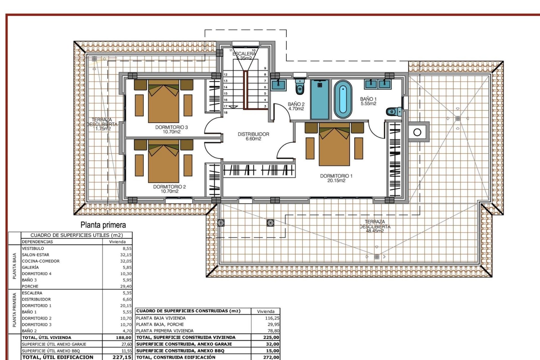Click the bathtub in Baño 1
pyautogui.click(x=343, y=99)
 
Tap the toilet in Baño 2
pyautogui.click(x=300, y=87)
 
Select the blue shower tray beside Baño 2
pyautogui.click(x=320, y=99)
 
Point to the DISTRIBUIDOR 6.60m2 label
pyautogui.click(x=253, y=136)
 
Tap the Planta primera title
pyautogui.click(x=103, y=225)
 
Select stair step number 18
pyautogui.click(x=225, y=112)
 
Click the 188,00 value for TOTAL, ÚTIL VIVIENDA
pyautogui.click(x=123, y=337)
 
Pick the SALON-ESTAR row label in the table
pyautogui.click(x=35, y=255)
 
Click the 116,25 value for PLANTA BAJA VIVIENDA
pyautogui.click(x=272, y=318)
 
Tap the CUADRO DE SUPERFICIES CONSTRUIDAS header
pyautogui.click(x=188, y=311)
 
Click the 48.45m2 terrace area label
pyautogui.click(x=375, y=231)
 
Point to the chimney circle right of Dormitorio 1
pyautogui.click(x=417, y=132)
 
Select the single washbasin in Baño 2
pyautogui.click(x=279, y=84)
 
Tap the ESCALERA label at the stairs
pyautogui.click(x=244, y=54)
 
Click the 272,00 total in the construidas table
pyautogui.click(x=271, y=357)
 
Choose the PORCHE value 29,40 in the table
pyautogui.click(x=126, y=286)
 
